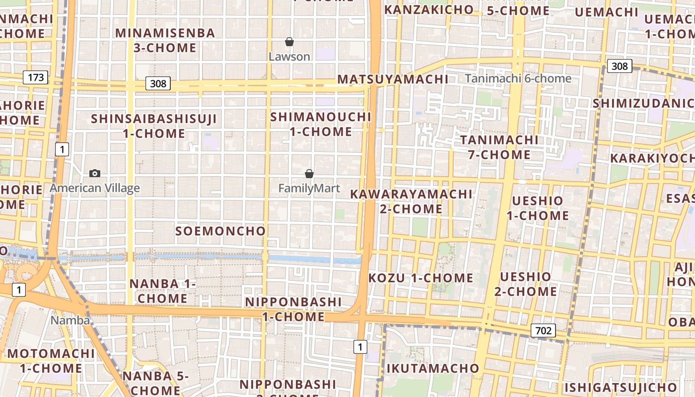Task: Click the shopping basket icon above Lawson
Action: point(289,42)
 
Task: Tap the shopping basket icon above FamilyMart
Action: point(309,174)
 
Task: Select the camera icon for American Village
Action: point(95,173)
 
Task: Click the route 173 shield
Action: point(36,77)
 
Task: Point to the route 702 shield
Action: point(543,330)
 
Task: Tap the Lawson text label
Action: point(289,57)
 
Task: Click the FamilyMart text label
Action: point(309,189)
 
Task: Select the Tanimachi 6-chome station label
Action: point(518,78)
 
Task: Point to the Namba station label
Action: point(70,320)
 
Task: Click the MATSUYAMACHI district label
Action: point(393,79)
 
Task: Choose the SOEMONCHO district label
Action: point(221,231)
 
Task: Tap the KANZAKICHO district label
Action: point(429,9)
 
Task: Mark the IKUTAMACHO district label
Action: point(432,368)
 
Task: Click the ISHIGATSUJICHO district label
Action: point(621,387)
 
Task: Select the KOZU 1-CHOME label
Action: point(420,278)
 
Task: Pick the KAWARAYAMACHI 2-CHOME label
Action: point(411,201)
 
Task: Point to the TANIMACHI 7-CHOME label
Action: point(499,147)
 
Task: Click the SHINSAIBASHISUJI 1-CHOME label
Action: point(154,126)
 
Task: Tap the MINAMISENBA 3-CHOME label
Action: point(165,40)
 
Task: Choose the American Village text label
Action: point(95,188)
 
